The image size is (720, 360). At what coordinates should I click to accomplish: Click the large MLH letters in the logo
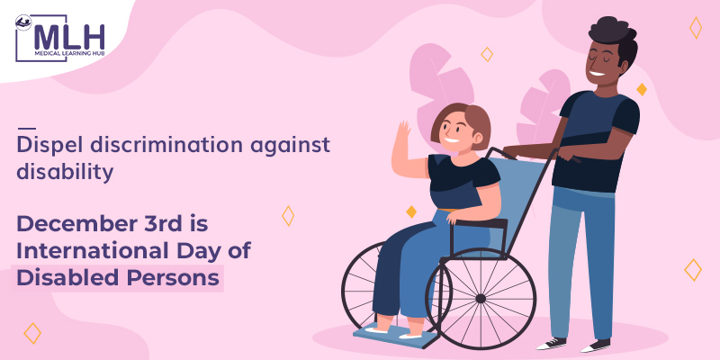(69, 37)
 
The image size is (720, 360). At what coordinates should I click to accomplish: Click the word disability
(65, 173)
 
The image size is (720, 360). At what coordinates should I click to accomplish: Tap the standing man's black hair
(614, 35)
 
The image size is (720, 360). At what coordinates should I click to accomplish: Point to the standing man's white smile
(598, 73)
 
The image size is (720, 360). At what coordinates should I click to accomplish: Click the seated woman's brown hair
(463, 121)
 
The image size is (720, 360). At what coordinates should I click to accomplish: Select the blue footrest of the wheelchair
(395, 334)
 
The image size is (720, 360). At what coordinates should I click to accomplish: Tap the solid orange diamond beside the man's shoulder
(642, 89)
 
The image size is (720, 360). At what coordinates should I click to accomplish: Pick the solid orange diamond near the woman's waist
(411, 211)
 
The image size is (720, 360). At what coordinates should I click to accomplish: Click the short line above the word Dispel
(26, 129)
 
